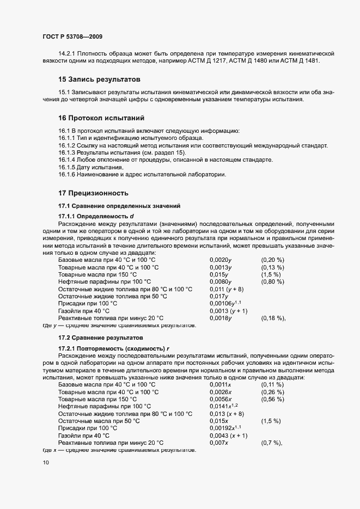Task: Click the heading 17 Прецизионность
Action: coord(93,193)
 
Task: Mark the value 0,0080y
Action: coord(221,281)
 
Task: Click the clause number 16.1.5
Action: coord(68,167)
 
